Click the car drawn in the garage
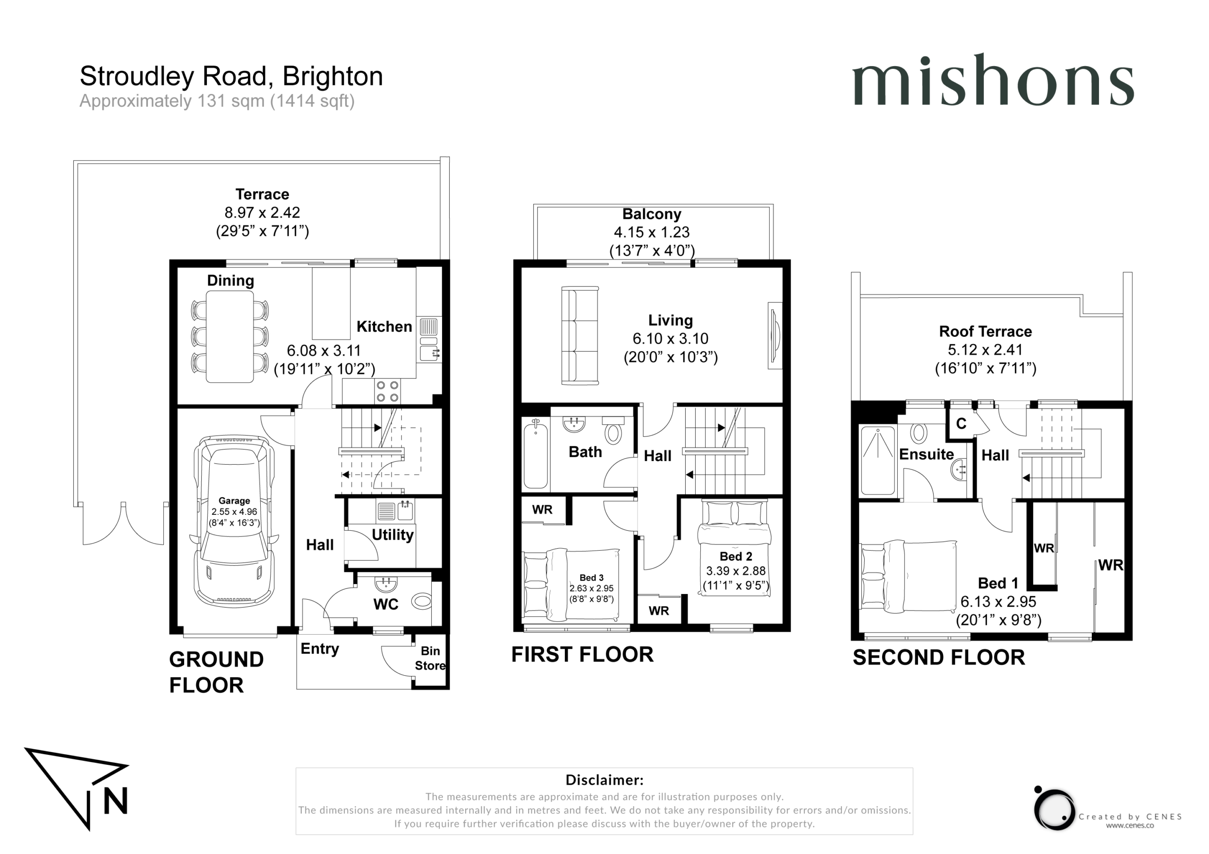click(x=234, y=521)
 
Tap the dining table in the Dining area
click(x=230, y=336)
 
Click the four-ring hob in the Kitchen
click(x=387, y=392)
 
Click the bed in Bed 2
click(x=734, y=548)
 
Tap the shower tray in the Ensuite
click(x=878, y=460)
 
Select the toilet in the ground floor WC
click(x=421, y=601)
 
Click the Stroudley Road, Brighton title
click(x=231, y=76)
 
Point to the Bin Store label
click(x=430, y=658)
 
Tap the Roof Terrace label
click(x=985, y=332)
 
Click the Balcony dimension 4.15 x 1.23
click(x=651, y=232)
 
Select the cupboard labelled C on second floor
click(x=961, y=424)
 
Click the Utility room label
click(x=392, y=535)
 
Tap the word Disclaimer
click(x=604, y=780)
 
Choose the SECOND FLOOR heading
click(x=939, y=658)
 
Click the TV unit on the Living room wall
click(x=775, y=336)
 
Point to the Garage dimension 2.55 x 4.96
click(x=234, y=512)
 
